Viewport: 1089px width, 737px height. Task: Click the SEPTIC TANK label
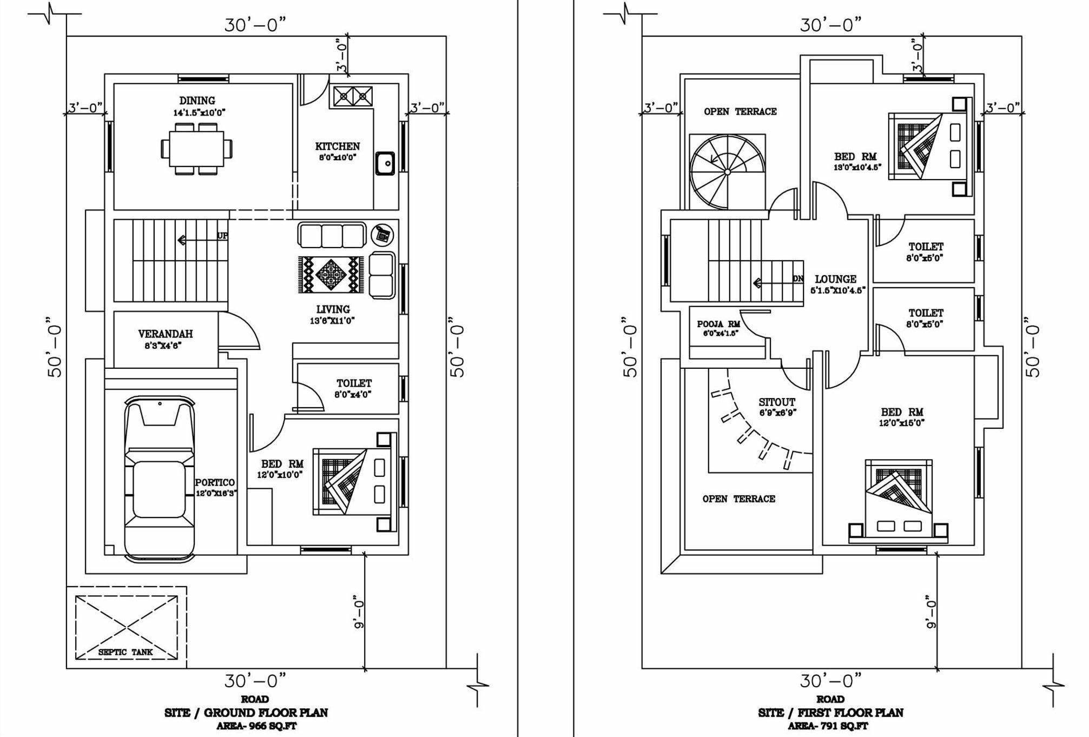126,652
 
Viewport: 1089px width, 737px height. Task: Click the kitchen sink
385,163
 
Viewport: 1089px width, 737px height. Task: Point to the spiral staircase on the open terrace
727,172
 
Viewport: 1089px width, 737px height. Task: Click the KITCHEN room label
338,147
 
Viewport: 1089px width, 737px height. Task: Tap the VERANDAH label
165,334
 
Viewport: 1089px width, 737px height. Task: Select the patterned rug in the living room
331,275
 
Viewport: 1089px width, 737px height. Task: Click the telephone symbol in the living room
382,235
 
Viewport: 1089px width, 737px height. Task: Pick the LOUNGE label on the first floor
835,279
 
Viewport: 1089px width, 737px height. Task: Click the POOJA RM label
718,324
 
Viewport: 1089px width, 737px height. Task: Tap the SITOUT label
777,402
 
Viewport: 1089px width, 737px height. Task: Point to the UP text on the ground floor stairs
222,236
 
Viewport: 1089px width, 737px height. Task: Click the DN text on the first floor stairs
798,278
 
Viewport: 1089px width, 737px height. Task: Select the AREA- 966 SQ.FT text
257,726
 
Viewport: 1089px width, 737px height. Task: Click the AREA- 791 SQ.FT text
828,726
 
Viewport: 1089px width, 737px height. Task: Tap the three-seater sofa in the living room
332,235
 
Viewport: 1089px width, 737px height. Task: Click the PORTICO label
215,482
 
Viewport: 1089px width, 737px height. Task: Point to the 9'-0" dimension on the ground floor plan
358,612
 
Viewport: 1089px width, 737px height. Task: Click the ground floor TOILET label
354,383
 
